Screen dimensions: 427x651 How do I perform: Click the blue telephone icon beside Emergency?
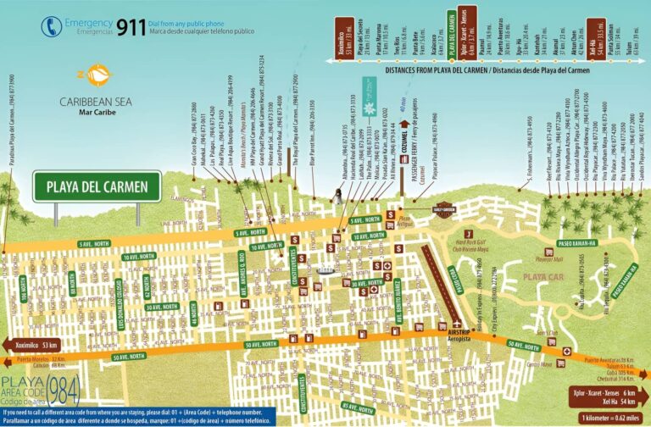pyautogui.click(x=50, y=26)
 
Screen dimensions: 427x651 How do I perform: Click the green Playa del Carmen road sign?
pyautogui.click(x=97, y=186)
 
